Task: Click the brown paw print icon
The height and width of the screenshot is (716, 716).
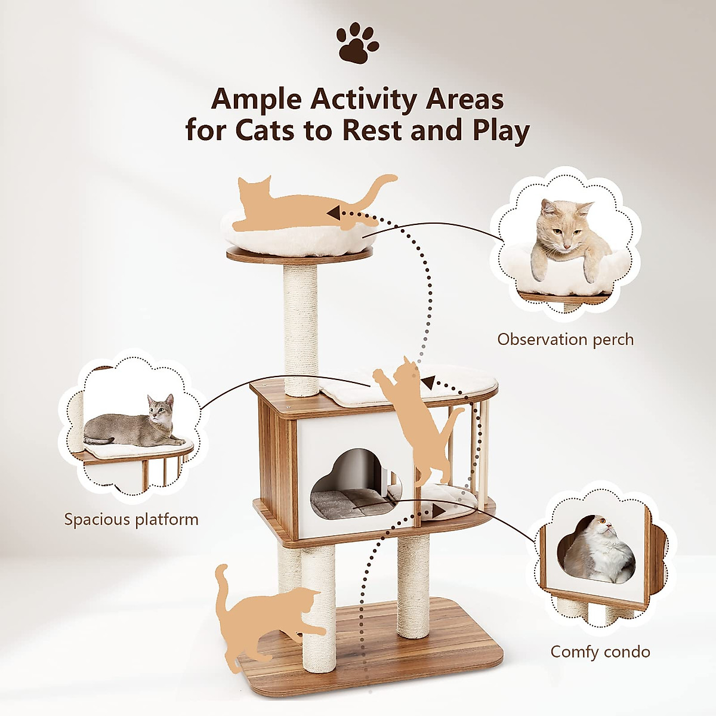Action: point(357,43)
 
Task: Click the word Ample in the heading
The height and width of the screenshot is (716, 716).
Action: point(256,100)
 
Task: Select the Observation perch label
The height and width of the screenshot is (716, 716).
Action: point(565,340)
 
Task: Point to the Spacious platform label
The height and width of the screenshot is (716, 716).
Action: point(131,519)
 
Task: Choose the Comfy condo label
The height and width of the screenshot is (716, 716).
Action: point(600,652)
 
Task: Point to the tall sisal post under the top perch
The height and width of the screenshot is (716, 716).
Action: point(301,328)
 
